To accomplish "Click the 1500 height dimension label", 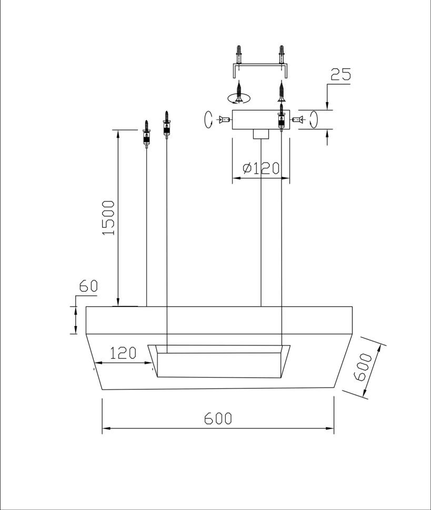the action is [108, 218].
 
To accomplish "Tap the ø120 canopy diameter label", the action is [261, 168].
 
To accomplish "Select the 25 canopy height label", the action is [341, 74].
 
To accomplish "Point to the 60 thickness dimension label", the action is [88, 286].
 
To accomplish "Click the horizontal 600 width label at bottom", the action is [218, 419].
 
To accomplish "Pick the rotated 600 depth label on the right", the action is [363, 367].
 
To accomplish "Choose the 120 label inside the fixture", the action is [123, 353].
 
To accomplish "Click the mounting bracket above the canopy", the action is [260, 71].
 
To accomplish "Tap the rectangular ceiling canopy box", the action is [260, 120].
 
